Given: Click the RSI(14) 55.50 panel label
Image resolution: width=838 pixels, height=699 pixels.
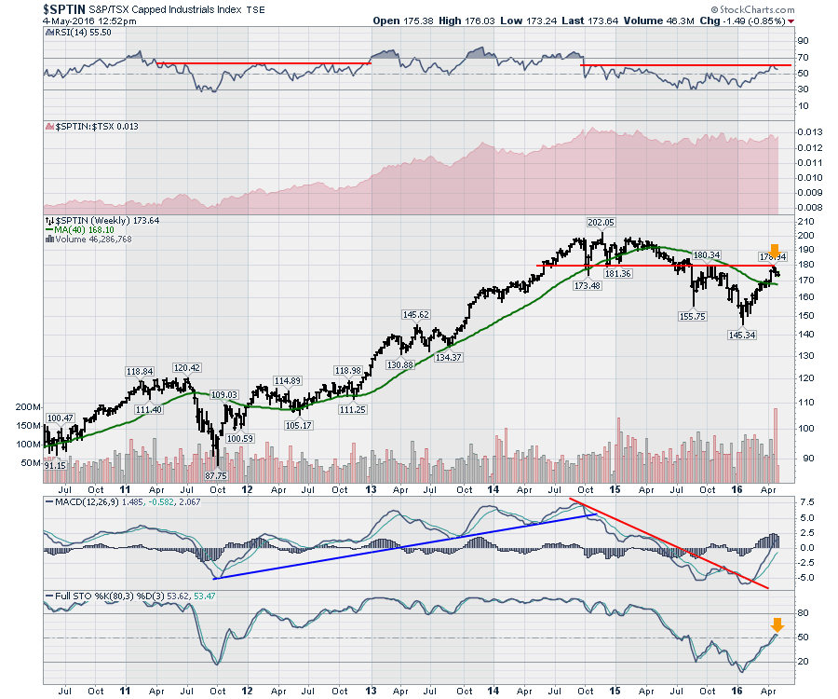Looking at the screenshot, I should pos(79,32).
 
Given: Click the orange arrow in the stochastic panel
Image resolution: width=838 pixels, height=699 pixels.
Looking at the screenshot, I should pos(777,625).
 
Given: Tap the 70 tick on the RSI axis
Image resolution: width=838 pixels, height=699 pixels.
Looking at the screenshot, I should pos(801,57).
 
